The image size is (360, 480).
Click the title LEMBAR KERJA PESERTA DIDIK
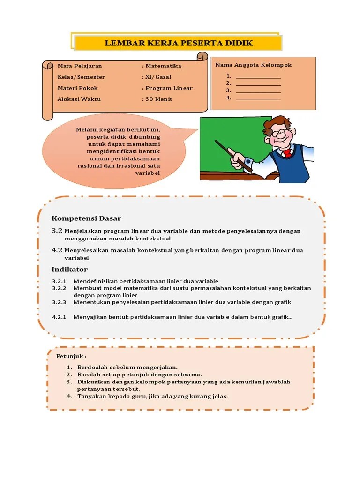pos(179,43)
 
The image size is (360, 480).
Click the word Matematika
pos(163,66)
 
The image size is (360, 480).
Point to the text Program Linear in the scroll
pos(169,88)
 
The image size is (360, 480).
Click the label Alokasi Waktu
pos(79,99)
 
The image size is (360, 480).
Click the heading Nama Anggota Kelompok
pos(253,65)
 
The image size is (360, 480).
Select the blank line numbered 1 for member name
pos(258,76)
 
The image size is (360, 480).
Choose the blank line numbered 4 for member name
pos(258,98)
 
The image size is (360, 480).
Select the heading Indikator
pos(69,269)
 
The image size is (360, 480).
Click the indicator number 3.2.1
pos(60,281)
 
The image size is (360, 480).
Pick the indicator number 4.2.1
pos(60,317)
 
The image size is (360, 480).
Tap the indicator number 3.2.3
pos(60,302)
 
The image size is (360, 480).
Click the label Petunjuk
pos(71,357)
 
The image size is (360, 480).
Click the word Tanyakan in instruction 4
pos(91,396)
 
